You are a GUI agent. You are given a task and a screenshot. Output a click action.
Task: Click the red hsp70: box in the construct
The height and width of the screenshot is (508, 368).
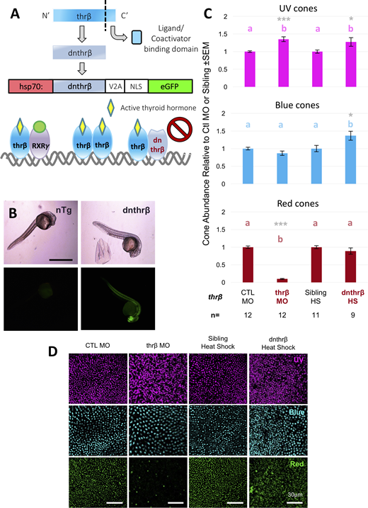coord(30,86)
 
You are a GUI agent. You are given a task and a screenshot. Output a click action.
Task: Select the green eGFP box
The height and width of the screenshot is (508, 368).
coord(171,86)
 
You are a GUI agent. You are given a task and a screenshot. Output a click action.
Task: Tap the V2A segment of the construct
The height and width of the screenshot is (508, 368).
coord(115,86)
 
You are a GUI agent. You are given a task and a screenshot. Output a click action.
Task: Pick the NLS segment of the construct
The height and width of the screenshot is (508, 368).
coord(137,86)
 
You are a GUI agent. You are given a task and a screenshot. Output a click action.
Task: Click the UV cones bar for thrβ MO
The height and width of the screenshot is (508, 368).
coord(284,63)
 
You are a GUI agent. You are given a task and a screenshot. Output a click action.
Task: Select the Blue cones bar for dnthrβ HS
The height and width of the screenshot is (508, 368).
coord(350,159)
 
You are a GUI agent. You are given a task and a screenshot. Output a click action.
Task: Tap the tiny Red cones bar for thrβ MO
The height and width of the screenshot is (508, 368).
coord(282,281)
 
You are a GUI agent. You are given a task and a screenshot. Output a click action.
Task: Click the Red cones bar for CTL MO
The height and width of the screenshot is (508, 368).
coord(248,265)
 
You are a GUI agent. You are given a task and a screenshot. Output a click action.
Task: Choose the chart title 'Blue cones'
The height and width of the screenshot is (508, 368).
coord(297,106)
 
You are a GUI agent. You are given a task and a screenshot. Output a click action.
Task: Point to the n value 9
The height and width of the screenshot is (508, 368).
coord(352,315)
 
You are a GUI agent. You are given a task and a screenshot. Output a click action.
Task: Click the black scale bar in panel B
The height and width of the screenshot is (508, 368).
coord(61,259)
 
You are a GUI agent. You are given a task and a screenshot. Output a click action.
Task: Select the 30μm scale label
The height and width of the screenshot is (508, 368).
coord(294,495)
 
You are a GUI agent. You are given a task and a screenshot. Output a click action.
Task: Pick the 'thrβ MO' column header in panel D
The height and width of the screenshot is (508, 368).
coord(158,345)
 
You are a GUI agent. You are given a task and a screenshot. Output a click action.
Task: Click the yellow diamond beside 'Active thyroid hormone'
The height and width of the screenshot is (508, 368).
coord(111,108)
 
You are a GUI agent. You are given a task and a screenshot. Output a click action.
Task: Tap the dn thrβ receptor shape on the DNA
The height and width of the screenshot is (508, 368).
coord(157,145)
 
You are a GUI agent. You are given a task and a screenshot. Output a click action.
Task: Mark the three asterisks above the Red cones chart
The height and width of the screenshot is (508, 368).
coord(281,224)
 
